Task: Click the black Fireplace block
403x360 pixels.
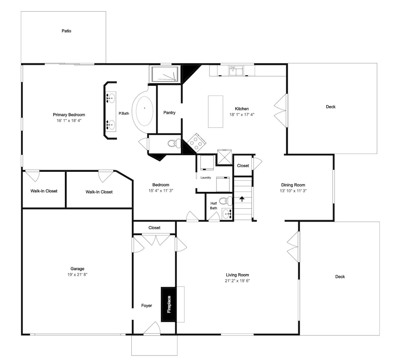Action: [x=168, y=304]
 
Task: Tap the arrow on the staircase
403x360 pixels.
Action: [x=242, y=199]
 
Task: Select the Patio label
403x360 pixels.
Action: [x=66, y=31]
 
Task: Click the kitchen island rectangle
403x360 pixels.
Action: [x=215, y=112]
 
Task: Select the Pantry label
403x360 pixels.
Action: [x=169, y=112]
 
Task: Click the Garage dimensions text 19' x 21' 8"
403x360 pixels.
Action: [x=77, y=275]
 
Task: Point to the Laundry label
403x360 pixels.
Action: [x=206, y=177]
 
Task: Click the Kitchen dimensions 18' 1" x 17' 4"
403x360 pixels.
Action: [x=242, y=114]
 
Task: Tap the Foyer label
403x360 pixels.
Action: [x=147, y=306]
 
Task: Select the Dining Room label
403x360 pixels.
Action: [x=293, y=185]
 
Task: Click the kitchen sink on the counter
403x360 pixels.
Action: [x=236, y=71]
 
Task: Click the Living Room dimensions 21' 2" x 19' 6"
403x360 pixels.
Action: [x=237, y=281]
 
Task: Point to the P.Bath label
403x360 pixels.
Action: [x=124, y=113]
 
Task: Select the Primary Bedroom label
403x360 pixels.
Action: [x=69, y=114]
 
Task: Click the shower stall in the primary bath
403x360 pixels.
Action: [x=165, y=74]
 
